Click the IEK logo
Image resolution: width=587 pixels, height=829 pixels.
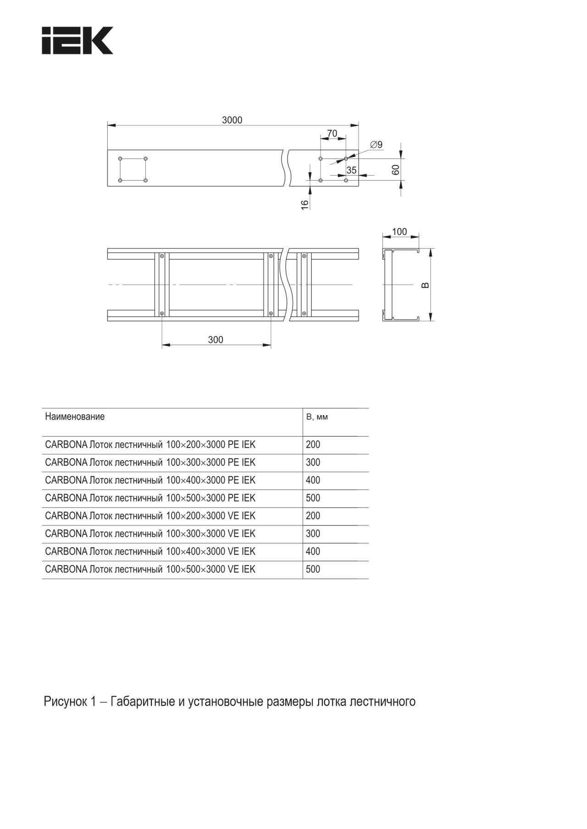77,41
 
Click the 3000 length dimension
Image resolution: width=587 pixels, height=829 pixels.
232,120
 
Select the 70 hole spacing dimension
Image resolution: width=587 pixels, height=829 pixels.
332,133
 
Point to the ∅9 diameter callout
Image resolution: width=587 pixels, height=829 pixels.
376,145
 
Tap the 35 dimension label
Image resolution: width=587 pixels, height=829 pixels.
351,170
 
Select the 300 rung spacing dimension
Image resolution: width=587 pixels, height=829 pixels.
216,340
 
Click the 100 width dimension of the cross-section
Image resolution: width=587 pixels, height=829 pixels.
399,231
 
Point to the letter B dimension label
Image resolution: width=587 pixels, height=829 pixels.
425,285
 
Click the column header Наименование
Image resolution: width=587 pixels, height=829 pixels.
75,417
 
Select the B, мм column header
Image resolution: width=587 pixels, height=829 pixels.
317,417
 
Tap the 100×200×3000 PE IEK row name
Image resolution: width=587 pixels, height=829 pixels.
150,445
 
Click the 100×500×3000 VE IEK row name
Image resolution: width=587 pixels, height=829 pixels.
150,569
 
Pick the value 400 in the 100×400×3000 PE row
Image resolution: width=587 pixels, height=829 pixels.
313,480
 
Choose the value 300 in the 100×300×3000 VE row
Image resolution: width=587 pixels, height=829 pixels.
313,533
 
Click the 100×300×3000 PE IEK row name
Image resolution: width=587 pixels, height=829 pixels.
150,462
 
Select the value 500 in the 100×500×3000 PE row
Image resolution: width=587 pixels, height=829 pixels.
313,498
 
